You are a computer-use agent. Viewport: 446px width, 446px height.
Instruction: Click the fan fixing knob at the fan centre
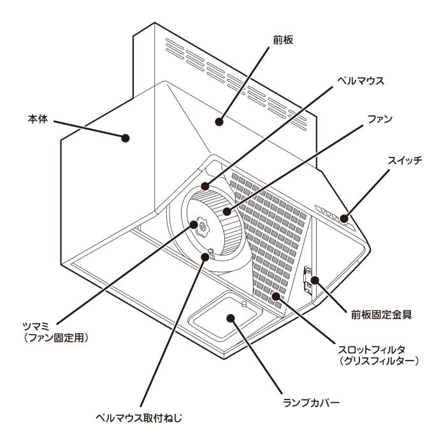pyautogui.click(x=202, y=225)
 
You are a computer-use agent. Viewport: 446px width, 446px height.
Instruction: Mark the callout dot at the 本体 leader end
pyautogui.click(x=127, y=136)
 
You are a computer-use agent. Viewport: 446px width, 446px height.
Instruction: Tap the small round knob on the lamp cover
pyautogui.click(x=244, y=304)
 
